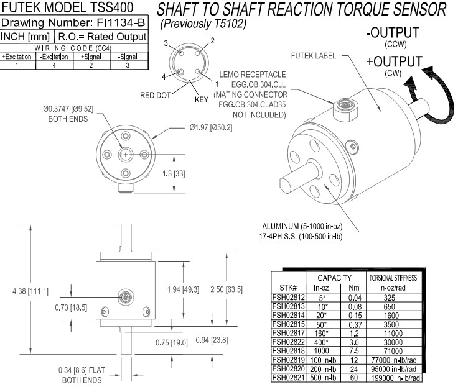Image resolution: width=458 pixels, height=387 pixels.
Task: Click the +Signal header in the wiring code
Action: pos(91,56)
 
